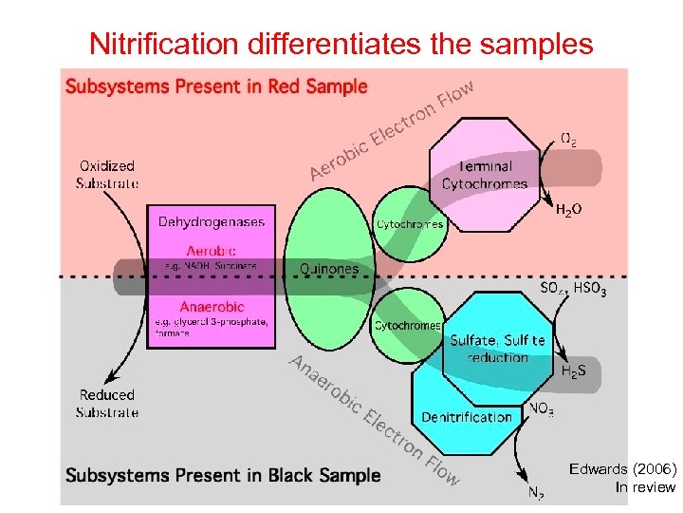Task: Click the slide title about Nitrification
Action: tap(341, 43)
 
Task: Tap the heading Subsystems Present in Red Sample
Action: tap(215, 86)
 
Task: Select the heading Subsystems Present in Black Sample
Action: tap(223, 475)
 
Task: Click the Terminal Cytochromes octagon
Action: tap(485, 175)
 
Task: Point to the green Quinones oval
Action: tap(329, 268)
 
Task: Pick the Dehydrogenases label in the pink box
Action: tap(212, 221)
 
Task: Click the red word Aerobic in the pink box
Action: tap(212, 251)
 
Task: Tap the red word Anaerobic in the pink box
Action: tap(212, 307)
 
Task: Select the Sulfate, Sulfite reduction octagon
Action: tap(498, 348)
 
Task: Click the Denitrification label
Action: tap(467, 416)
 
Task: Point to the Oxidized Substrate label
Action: tap(107, 174)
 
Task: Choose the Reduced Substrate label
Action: tap(107, 403)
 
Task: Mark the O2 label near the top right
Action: tap(568, 139)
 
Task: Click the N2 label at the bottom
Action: tap(535, 493)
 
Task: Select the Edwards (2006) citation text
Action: tap(622, 469)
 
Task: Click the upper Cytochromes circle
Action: tap(410, 224)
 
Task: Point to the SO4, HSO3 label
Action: tap(573, 288)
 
